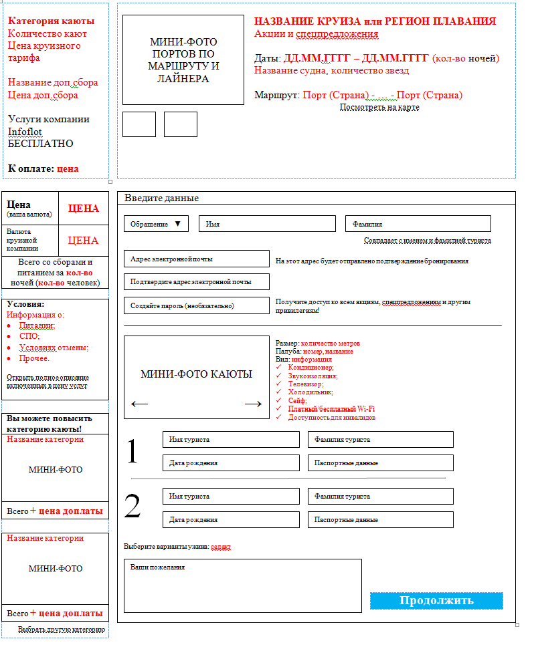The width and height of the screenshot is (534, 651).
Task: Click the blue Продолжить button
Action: pyautogui.click(x=436, y=600)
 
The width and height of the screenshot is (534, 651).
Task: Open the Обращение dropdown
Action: pyautogui.click(x=156, y=224)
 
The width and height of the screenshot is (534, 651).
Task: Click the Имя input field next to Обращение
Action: pyautogui.click(x=266, y=224)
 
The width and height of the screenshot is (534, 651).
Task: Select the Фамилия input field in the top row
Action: pyautogui.click(x=418, y=224)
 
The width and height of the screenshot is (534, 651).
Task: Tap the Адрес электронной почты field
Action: pyautogui.click(x=196, y=259)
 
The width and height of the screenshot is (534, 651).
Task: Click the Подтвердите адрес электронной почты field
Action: pyautogui.click(x=196, y=281)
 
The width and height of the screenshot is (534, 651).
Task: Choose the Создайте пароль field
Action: pyautogui.click(x=196, y=305)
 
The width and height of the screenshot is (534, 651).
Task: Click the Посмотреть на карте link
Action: pyautogui.click(x=379, y=107)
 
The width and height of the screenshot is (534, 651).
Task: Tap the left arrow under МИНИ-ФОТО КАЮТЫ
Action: pyautogui.click(x=140, y=404)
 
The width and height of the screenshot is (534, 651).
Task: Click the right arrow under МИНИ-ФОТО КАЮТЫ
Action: pyautogui.click(x=253, y=404)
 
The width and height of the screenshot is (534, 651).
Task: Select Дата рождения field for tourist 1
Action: pyautogui.click(x=231, y=463)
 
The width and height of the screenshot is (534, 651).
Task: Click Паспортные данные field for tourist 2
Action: pyautogui.click(x=380, y=519)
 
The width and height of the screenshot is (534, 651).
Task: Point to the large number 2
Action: pyautogui.click(x=132, y=507)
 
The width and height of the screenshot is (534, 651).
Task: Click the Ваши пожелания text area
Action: pyautogui.click(x=242, y=585)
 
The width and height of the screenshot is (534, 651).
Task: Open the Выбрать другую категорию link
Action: pyautogui.click(x=62, y=630)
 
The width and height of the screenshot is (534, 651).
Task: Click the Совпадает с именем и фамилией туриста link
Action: pyautogui.click(x=427, y=241)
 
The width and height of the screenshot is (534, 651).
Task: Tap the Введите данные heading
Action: pyautogui.click(x=161, y=199)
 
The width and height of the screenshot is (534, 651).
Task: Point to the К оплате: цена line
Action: pyautogui.click(x=43, y=168)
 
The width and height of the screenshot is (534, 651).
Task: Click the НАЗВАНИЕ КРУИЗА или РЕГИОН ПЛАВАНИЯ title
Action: pyautogui.click(x=375, y=21)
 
